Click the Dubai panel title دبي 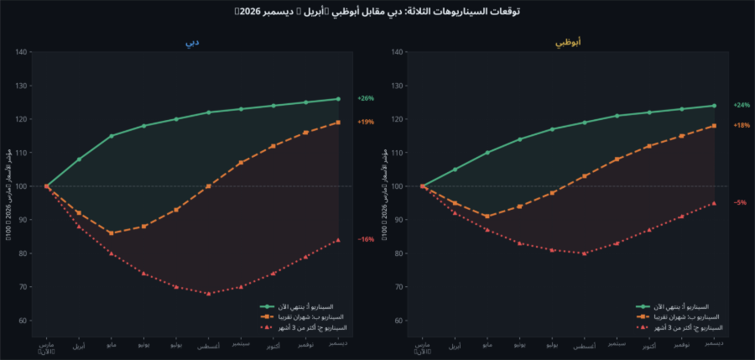[x=192, y=42]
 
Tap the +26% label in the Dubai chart [x=366, y=99]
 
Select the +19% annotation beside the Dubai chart [x=366, y=123]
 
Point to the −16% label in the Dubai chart [x=366, y=240]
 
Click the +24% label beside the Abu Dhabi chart [x=742, y=106]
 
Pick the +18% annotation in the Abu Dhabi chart [x=742, y=126]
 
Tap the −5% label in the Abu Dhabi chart [x=741, y=203]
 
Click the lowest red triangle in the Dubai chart [x=209, y=294]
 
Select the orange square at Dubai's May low [x=111, y=233]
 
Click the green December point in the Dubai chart [x=338, y=99]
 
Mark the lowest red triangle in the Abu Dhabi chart [x=585, y=253]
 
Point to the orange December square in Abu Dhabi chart [x=714, y=126]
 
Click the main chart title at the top [x=377, y=12]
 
